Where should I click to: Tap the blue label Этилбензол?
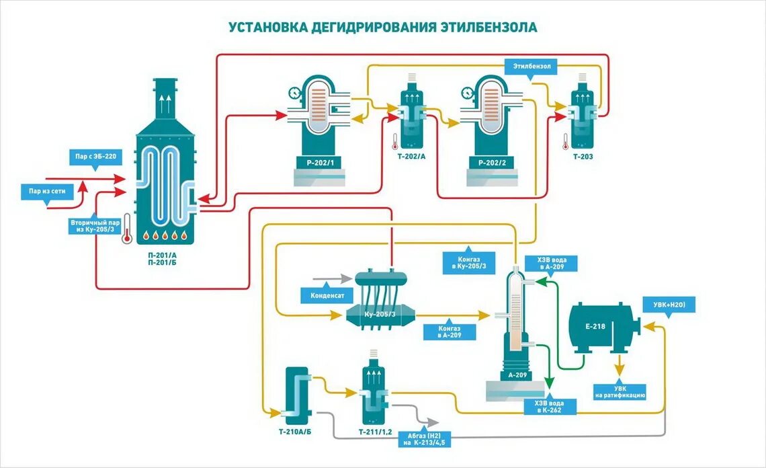[x=532, y=67]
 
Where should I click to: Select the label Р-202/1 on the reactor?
[x=319, y=163]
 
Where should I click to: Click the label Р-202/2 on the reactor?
[x=493, y=163]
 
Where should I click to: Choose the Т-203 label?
[x=583, y=157]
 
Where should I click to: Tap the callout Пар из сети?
[x=46, y=192]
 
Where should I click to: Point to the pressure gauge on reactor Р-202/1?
[x=293, y=92]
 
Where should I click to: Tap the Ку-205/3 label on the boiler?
[x=380, y=315]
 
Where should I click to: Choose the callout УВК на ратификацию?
[x=620, y=392]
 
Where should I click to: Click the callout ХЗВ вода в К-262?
[x=550, y=407]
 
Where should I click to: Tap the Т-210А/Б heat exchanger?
[x=294, y=393]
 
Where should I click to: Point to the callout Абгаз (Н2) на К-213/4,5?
[x=425, y=438]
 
